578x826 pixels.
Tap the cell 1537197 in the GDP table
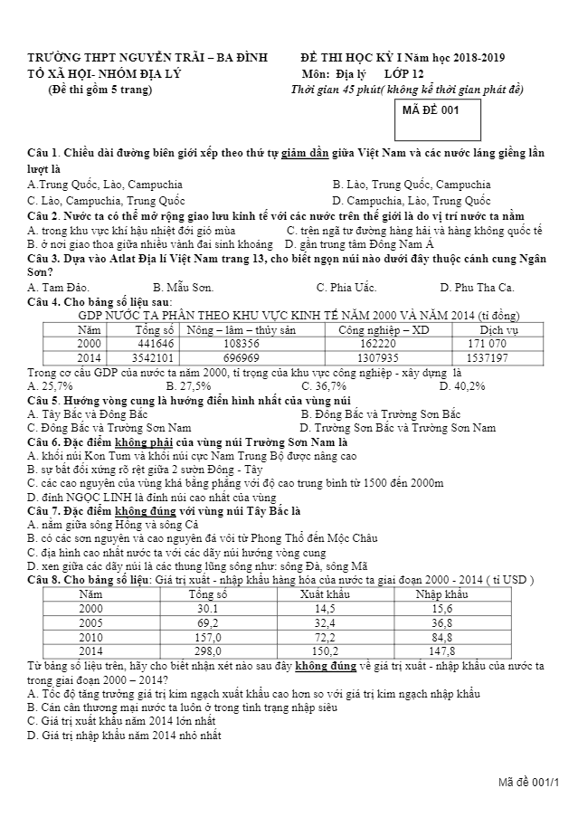click(487, 357)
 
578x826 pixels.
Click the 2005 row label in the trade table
click(91, 622)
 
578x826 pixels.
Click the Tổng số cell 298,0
click(207, 650)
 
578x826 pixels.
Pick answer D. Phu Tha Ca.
click(476, 288)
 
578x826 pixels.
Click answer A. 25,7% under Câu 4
click(51, 386)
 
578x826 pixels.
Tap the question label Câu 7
click(43, 510)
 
